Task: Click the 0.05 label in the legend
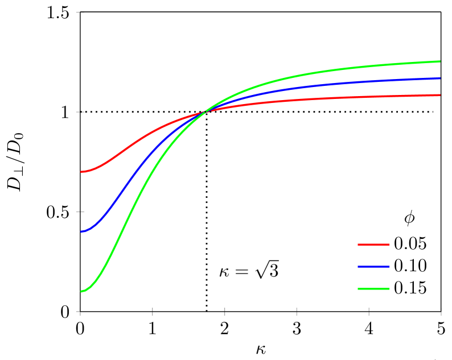click(x=410, y=244)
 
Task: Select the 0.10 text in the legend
click(x=410, y=266)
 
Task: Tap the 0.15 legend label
click(x=410, y=288)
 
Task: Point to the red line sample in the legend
click(x=373, y=245)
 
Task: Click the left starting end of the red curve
click(x=81, y=172)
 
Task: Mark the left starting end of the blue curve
click(x=81, y=232)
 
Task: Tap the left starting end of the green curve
click(x=81, y=292)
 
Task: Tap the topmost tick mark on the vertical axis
click(x=80, y=12)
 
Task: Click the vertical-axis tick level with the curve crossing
click(x=80, y=112)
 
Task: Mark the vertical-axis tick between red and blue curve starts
click(x=80, y=212)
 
